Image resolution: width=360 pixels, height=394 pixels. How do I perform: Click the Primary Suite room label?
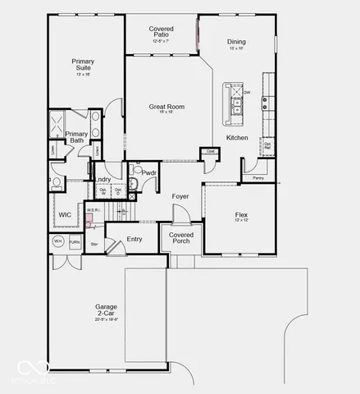83,65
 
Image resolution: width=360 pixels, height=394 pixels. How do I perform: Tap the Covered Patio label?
161,32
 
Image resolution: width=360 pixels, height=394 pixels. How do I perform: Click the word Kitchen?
237,137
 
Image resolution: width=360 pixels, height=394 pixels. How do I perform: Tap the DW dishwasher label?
246,93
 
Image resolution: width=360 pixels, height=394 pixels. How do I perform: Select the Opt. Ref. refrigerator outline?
267,145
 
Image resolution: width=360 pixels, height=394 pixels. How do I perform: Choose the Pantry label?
258,177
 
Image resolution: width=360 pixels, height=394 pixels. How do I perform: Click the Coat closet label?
210,152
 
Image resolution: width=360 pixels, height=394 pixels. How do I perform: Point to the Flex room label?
241,215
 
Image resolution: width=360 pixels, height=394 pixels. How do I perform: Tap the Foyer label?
180,196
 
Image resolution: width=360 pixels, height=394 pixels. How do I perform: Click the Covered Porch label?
181,238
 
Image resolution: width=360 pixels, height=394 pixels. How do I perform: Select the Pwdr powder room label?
148,173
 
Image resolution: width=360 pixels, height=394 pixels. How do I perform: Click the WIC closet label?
65,215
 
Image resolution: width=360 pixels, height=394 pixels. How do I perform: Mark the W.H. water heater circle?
58,241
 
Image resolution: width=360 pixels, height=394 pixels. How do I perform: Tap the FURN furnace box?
74,242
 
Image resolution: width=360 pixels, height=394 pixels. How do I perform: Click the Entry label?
134,239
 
